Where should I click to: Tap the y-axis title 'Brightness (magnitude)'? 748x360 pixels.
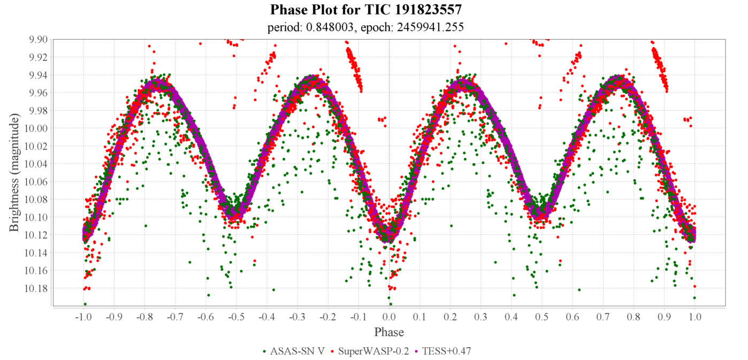(x=14, y=172)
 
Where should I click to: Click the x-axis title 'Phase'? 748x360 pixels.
(x=389, y=332)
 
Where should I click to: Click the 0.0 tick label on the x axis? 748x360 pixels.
(x=389, y=317)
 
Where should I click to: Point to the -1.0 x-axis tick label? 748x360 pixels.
(x=83, y=317)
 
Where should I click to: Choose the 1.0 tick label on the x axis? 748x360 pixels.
(x=694, y=317)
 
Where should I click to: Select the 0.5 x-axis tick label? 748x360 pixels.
(x=542, y=317)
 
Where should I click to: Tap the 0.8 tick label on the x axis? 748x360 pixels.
(x=633, y=317)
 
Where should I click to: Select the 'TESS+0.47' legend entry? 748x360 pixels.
(x=446, y=351)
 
